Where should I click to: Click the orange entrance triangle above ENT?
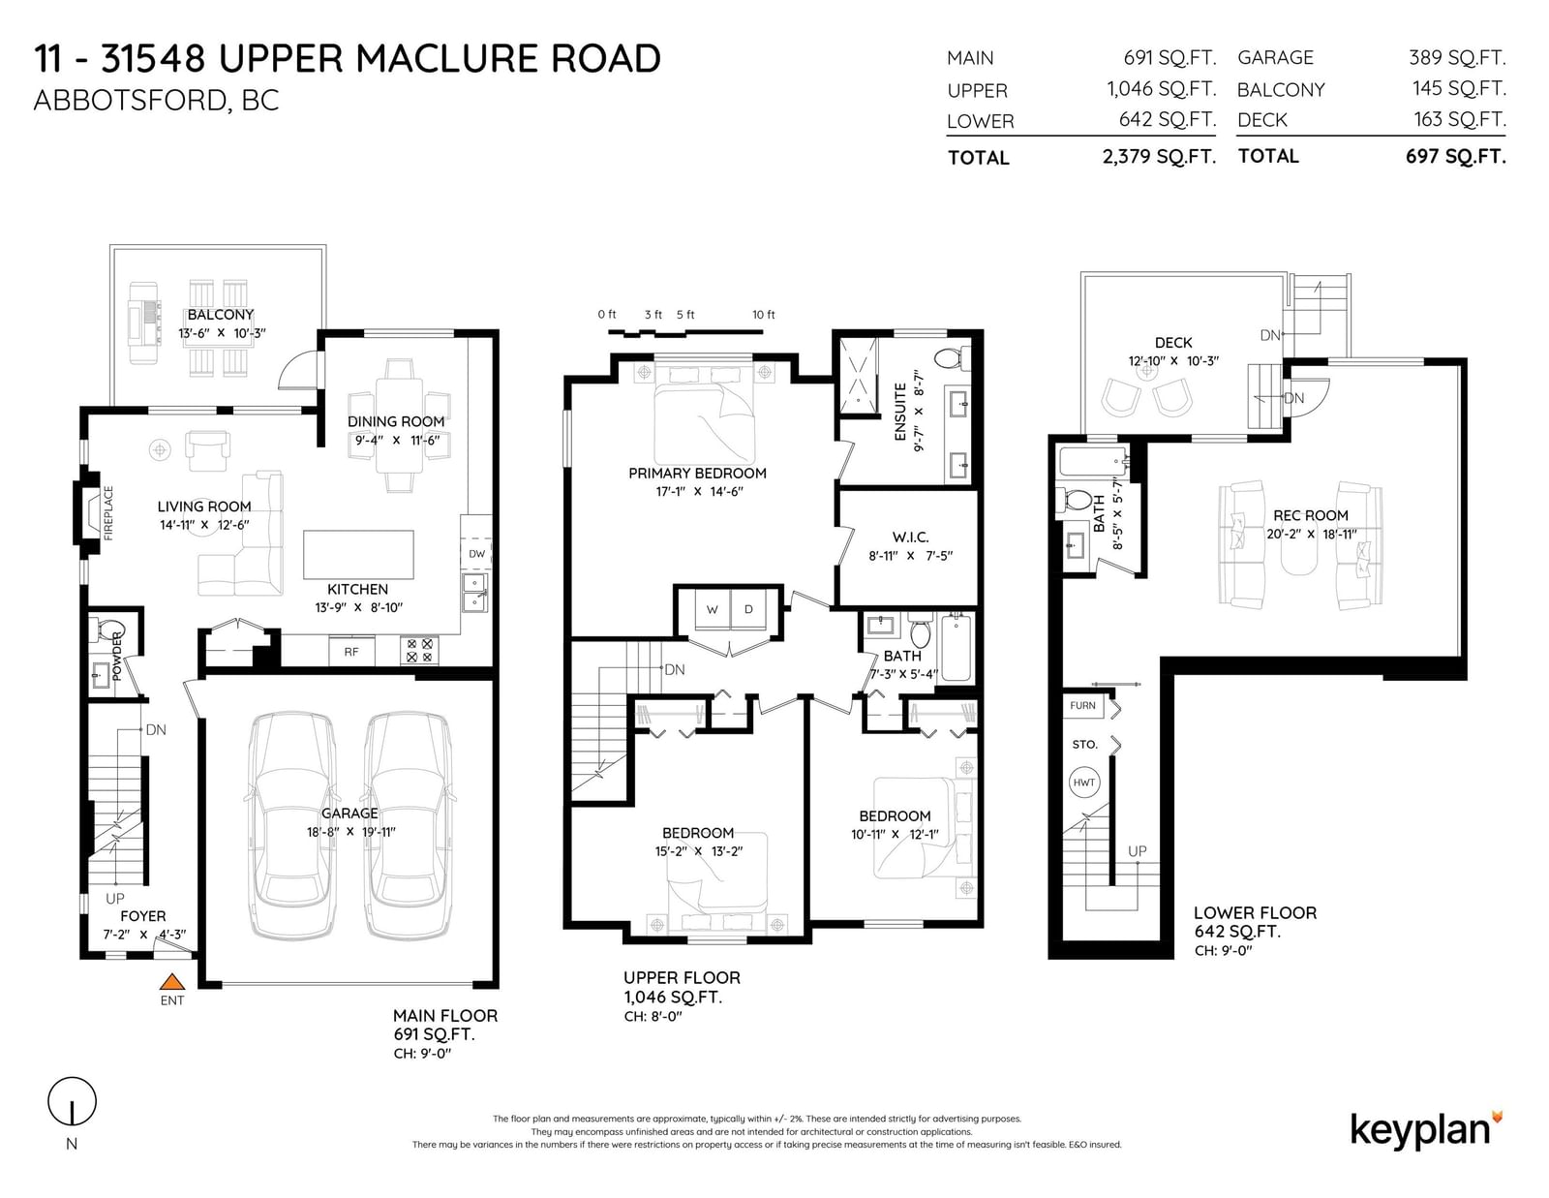tap(171, 981)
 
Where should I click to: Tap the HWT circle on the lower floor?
tap(1083, 783)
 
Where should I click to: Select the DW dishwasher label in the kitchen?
tap(477, 553)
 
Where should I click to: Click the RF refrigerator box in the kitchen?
tap(350, 651)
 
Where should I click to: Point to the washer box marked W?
tap(713, 609)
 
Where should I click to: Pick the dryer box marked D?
tap(748, 609)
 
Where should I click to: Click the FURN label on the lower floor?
tap(1082, 705)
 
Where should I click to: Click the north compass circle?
tap(72, 1101)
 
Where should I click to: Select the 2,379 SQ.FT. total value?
tap(1159, 156)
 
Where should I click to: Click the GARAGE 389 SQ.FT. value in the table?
tap(1458, 57)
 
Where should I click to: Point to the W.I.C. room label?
tap(910, 537)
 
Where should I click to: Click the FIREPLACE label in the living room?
tap(108, 512)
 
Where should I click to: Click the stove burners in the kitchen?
tap(419, 651)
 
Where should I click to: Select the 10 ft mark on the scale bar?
tap(764, 315)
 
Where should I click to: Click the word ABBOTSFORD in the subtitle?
tap(130, 101)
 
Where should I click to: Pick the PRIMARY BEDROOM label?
tap(697, 473)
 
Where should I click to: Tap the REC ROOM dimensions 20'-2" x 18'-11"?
tap(1311, 534)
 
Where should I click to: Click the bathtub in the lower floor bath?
tap(1092, 461)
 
